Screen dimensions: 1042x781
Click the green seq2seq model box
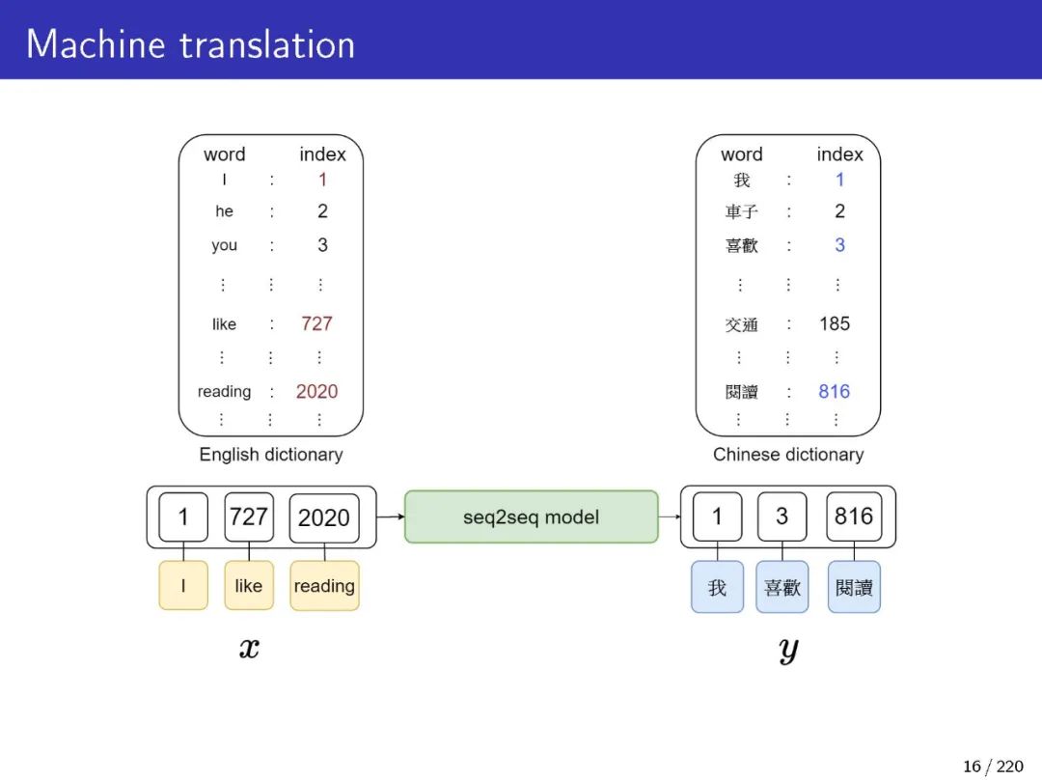pyautogui.click(x=531, y=516)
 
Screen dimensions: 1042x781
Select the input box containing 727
pyautogui.click(x=248, y=516)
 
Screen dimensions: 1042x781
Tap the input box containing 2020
pyautogui.click(x=324, y=517)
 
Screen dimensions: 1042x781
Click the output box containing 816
pyautogui.click(x=854, y=516)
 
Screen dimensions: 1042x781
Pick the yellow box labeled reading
pyautogui.click(x=324, y=586)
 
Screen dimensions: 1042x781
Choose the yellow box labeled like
pyautogui.click(x=248, y=586)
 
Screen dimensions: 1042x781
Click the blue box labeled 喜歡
pyautogui.click(x=782, y=587)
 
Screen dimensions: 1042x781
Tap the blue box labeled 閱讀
pyautogui.click(x=854, y=587)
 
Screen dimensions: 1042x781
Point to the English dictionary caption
pyautogui.click(x=271, y=454)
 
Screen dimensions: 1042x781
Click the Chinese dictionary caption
pyautogui.click(x=788, y=454)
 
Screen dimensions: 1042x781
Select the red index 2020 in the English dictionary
pyautogui.click(x=316, y=391)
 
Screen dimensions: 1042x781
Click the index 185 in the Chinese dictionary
pyautogui.click(x=835, y=323)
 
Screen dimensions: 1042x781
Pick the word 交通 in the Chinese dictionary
pyautogui.click(x=742, y=325)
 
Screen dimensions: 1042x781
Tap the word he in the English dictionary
pyautogui.click(x=224, y=211)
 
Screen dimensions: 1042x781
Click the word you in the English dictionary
pyautogui.click(x=224, y=245)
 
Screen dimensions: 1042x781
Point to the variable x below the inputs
pyautogui.click(x=249, y=648)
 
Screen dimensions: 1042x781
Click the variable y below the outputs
pyautogui.click(x=788, y=650)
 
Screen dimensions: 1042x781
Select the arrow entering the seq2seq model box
pyautogui.click(x=391, y=516)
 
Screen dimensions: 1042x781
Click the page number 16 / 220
pyautogui.click(x=993, y=767)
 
